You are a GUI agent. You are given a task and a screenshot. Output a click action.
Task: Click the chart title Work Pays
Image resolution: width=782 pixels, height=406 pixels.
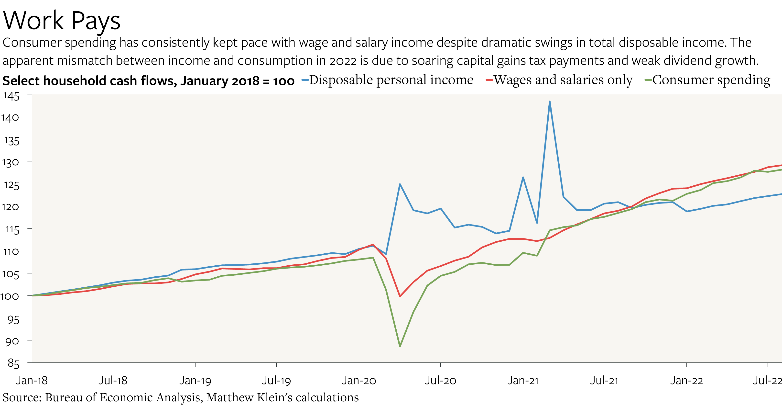pos(62,21)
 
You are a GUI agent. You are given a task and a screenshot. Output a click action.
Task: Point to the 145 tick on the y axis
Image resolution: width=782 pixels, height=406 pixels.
pos(11,96)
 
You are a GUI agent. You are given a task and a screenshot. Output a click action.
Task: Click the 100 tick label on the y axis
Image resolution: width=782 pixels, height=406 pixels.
pos(10,296)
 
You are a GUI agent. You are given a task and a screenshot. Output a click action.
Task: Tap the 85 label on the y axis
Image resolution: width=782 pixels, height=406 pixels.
pos(13,363)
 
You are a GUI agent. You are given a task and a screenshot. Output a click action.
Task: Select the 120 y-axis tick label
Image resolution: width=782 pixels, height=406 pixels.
pos(10,207)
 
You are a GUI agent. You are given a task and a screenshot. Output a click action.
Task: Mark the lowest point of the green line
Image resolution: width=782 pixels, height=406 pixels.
pos(400,346)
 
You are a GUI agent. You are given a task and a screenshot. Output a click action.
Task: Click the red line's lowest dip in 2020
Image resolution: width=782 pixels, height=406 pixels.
pos(400,296)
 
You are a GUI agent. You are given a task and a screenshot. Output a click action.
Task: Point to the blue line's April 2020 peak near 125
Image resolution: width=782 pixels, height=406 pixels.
pos(400,184)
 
